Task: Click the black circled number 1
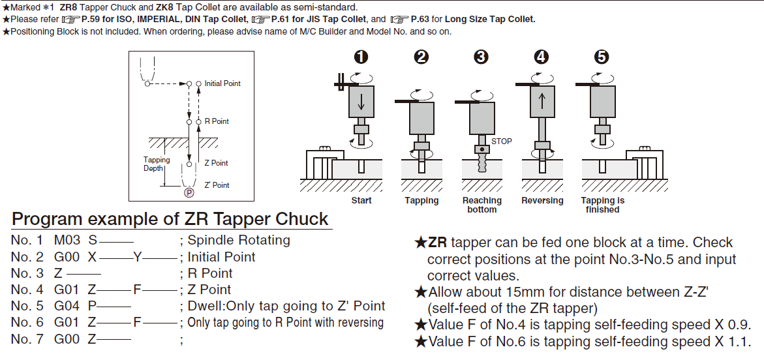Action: (x=361, y=57)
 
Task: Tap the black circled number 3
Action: (x=481, y=57)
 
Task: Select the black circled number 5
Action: (x=602, y=57)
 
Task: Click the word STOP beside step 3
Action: (x=502, y=141)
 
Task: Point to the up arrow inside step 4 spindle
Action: (x=542, y=102)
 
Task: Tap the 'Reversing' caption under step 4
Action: (x=542, y=200)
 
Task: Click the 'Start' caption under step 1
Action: (x=361, y=200)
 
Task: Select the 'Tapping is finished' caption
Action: (x=602, y=205)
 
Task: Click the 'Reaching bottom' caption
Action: (x=481, y=205)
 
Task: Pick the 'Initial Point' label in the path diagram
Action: (x=222, y=83)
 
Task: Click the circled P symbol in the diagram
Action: (x=189, y=192)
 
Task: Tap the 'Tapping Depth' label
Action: (x=157, y=164)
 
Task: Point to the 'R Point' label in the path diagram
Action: (x=217, y=121)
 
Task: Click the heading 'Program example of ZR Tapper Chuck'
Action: (x=170, y=219)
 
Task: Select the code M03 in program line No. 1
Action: (x=67, y=240)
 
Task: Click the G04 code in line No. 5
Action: (x=67, y=306)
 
